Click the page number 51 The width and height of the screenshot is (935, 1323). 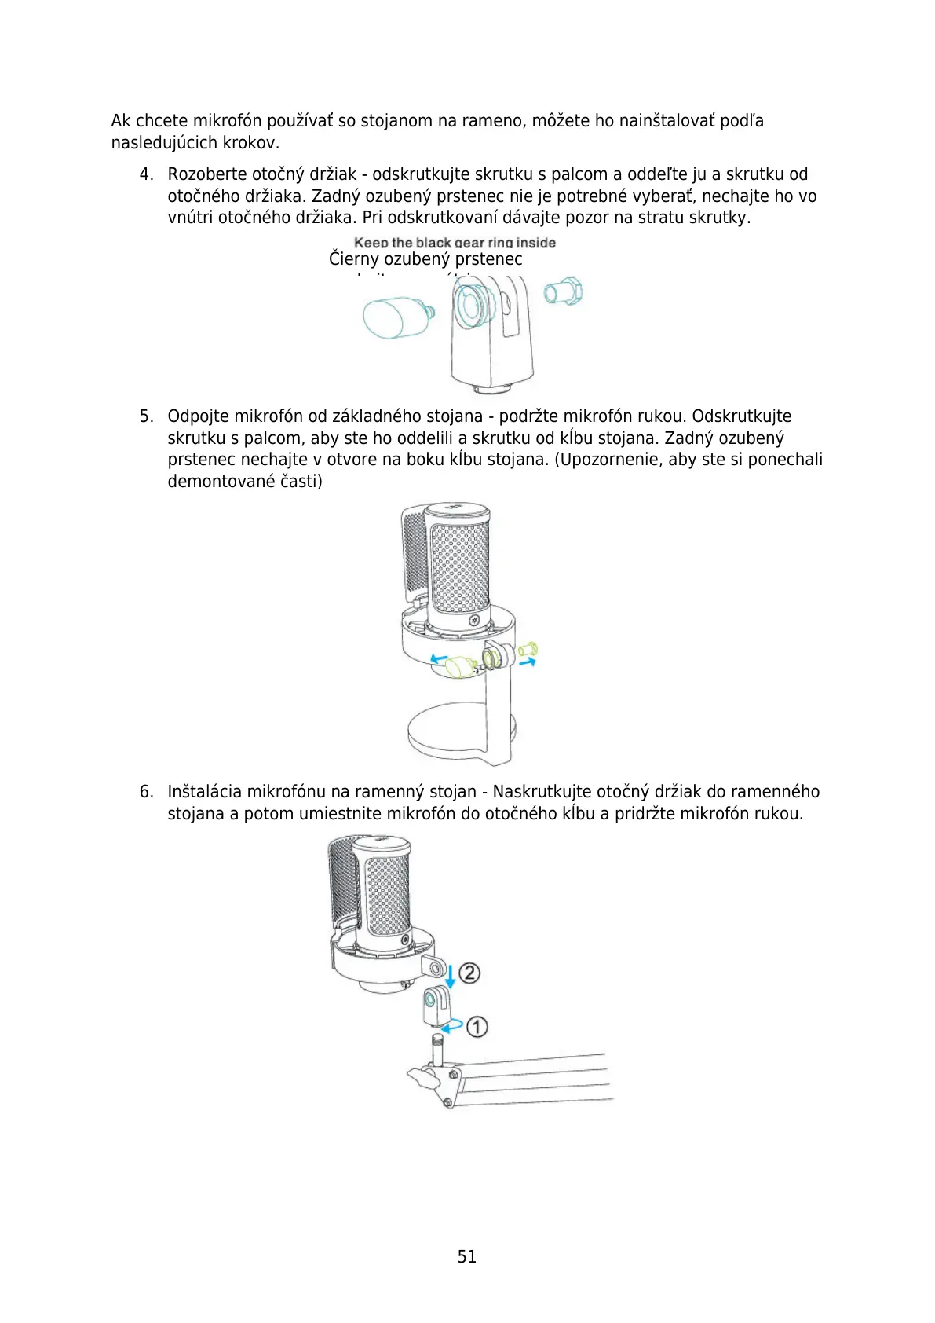click(x=466, y=1256)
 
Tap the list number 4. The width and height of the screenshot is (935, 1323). click(x=145, y=174)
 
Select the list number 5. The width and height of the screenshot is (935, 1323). click(x=145, y=416)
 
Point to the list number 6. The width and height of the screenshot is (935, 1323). click(x=145, y=792)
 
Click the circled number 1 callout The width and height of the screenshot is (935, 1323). click(x=477, y=1026)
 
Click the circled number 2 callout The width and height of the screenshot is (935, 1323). click(x=469, y=973)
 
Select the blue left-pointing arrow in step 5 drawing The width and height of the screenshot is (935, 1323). click(x=439, y=658)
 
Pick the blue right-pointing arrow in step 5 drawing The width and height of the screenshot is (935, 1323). click(x=528, y=662)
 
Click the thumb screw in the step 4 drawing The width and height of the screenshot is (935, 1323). click(x=396, y=317)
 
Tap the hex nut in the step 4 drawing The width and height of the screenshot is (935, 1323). click(x=563, y=291)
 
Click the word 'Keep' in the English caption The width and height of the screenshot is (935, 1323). click(x=371, y=243)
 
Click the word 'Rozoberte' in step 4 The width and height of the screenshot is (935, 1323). click(x=206, y=174)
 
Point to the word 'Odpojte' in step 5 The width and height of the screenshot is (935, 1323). click(x=198, y=416)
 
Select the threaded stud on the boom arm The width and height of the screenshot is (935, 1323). click(x=437, y=1048)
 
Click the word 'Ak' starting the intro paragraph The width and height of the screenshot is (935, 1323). click(x=121, y=121)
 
